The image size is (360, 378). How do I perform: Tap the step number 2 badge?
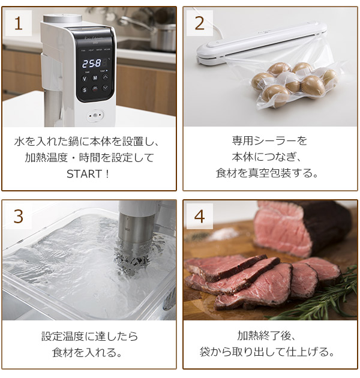click(x=200, y=23)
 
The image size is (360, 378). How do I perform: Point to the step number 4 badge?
click(x=200, y=216)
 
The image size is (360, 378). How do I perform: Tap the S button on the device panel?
click(x=85, y=90)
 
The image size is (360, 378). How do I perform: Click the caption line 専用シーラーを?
click(x=269, y=141)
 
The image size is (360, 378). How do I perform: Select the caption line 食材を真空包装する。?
click(x=269, y=174)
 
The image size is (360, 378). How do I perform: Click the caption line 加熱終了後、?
click(x=269, y=335)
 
